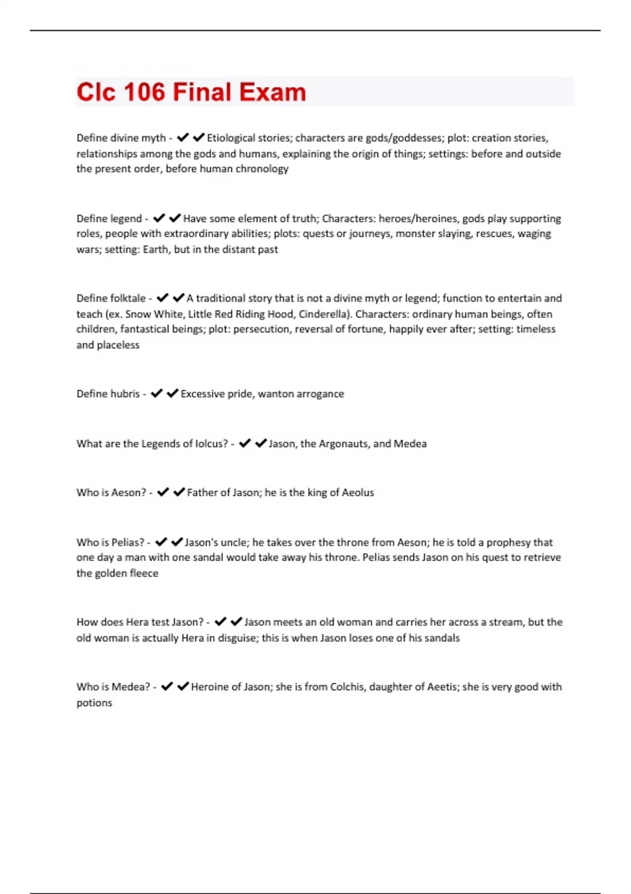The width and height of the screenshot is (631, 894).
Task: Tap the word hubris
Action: click(125, 394)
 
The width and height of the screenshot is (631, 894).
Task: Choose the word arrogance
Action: click(320, 394)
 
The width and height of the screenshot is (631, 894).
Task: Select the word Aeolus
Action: click(358, 493)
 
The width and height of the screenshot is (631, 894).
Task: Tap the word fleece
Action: click(144, 573)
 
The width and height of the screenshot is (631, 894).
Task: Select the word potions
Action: click(94, 703)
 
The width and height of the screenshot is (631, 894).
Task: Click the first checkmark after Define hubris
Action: click(157, 393)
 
